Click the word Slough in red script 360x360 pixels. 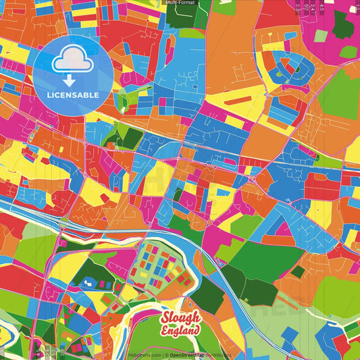[180, 318]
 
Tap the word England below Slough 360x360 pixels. [180, 330]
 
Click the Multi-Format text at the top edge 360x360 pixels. [180, 3]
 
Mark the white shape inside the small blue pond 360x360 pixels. [88, 283]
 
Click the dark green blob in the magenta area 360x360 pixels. [344, 25]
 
